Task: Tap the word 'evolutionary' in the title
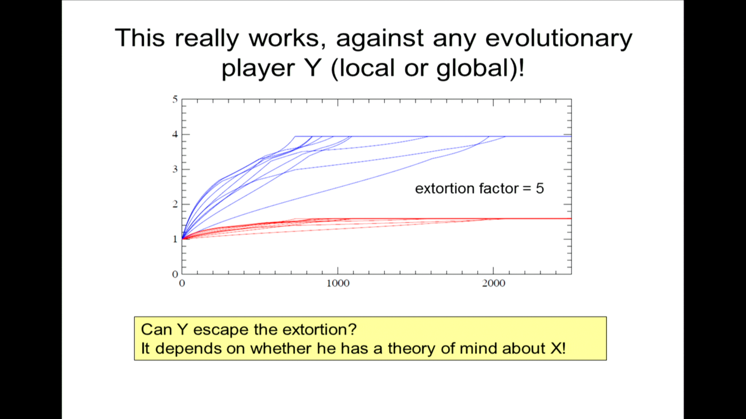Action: point(559,39)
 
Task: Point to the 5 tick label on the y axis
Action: point(175,99)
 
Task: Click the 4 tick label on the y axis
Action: point(175,134)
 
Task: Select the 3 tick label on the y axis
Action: point(175,169)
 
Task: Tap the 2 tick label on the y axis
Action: point(175,204)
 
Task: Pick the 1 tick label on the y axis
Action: point(175,239)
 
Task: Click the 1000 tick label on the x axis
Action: point(338,284)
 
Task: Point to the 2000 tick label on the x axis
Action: point(493,284)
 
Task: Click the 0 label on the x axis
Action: point(182,284)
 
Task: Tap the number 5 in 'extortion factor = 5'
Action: point(540,189)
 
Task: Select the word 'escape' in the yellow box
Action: point(221,330)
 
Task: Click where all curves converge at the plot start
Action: point(183,239)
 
